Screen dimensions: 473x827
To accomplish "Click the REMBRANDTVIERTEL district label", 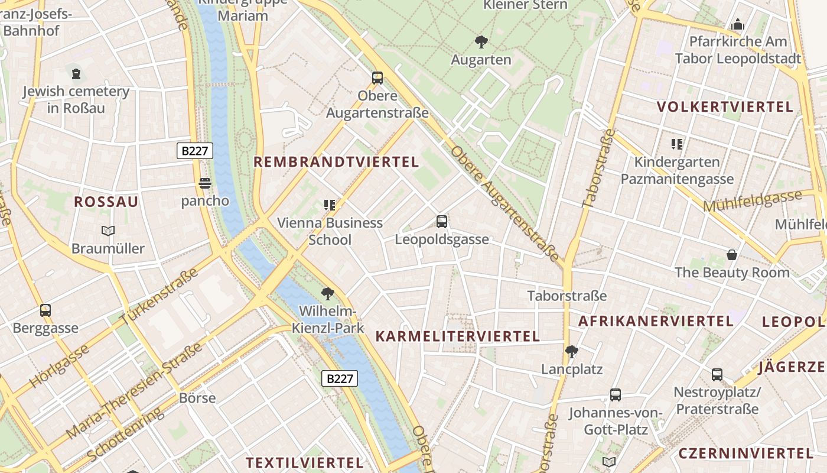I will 336,162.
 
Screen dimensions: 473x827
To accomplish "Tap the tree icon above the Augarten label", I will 481,42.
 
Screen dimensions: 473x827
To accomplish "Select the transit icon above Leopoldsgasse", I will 441,222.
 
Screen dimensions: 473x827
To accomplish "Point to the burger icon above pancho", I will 205,184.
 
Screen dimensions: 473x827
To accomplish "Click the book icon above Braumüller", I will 108,231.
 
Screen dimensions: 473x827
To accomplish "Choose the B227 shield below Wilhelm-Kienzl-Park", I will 340,378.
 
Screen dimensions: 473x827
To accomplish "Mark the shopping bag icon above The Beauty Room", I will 732,255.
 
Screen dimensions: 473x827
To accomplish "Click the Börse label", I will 197,398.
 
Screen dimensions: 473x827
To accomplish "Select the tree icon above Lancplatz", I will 571,352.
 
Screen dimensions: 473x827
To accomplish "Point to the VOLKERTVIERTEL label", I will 725,107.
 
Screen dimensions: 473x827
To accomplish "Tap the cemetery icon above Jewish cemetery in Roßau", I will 76,74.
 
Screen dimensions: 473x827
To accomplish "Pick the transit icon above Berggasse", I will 45,310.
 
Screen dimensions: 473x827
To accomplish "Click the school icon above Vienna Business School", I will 330,205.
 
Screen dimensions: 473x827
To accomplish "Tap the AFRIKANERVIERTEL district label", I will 656,321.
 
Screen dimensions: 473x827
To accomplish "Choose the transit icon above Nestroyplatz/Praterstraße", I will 717,375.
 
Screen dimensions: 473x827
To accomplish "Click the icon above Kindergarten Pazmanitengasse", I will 677,144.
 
